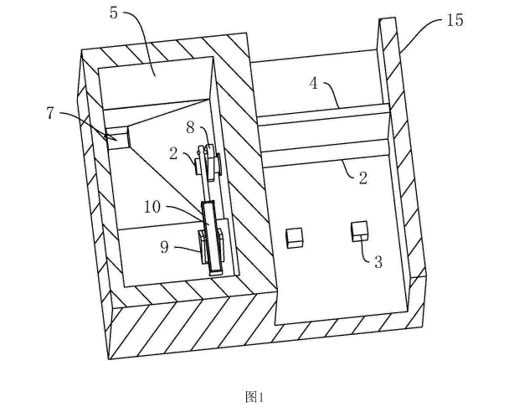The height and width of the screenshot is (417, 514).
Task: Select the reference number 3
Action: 378,262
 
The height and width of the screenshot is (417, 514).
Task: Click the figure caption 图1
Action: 255,396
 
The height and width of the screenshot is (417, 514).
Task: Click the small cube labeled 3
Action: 360,229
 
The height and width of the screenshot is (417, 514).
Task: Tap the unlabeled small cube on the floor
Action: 294,238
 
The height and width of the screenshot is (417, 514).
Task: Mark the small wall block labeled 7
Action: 117,136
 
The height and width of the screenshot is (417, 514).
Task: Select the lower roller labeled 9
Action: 212,246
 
